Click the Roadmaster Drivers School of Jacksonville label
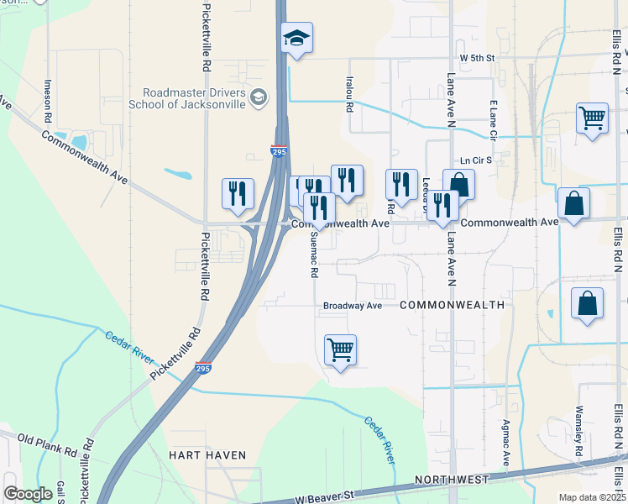coord(193,98)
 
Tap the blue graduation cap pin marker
coord(296,39)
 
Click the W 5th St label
coord(478,58)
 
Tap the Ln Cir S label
coord(475,160)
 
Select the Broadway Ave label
coord(353,306)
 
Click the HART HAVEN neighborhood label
coord(207,455)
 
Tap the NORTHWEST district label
coord(452,480)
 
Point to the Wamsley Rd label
coord(578,433)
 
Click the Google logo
coord(29,494)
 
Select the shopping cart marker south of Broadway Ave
coord(340,349)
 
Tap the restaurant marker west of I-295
coord(238,193)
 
